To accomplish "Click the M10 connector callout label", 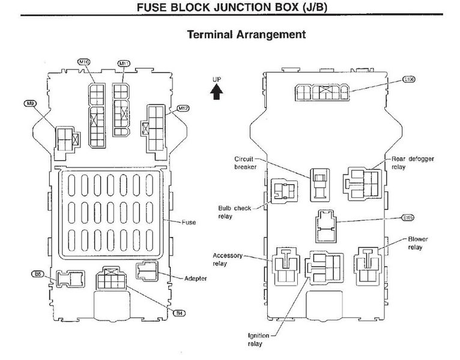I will (x=84, y=62).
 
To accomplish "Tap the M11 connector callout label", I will (x=124, y=63).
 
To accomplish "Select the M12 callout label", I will (x=183, y=108).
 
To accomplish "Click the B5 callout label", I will (x=38, y=274).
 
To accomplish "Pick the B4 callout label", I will (x=179, y=313).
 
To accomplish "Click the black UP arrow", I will (x=217, y=91).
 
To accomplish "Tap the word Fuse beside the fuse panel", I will (x=189, y=222).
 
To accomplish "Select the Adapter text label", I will (x=196, y=278).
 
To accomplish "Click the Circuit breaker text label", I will (x=246, y=163).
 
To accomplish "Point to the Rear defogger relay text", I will (x=413, y=163).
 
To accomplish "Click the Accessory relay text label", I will (x=228, y=259).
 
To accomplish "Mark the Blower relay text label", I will (x=417, y=242).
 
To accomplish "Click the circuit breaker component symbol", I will (x=318, y=183).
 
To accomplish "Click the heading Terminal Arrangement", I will (x=246, y=34).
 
